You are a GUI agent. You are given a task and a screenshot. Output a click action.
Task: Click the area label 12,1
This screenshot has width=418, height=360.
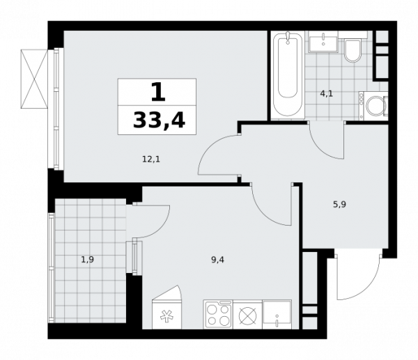[151, 159]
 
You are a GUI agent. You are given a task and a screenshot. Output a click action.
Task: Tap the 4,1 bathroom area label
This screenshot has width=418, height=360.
[327, 94]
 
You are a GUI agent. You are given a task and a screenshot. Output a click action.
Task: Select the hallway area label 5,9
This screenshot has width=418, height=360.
[340, 205]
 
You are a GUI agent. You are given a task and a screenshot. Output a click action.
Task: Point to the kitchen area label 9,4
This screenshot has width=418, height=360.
[218, 260]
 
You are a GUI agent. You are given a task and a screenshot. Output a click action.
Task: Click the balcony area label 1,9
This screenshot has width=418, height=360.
[88, 259]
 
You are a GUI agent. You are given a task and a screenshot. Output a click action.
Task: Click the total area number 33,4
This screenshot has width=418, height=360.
[159, 120]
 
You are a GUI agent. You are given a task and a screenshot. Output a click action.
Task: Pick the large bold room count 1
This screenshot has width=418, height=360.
[158, 92]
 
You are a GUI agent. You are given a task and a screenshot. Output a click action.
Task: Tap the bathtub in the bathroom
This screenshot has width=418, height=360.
[287, 76]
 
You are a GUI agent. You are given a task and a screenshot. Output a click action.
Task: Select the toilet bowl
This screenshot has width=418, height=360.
[353, 50]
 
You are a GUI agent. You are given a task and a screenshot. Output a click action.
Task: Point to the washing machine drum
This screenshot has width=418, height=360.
[375, 106]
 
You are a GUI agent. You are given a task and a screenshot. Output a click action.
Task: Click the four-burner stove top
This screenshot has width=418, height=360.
[218, 314]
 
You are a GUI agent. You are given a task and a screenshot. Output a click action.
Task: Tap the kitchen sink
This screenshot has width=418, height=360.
[277, 314]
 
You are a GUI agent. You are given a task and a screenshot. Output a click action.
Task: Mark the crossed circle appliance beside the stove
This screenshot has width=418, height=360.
[247, 315]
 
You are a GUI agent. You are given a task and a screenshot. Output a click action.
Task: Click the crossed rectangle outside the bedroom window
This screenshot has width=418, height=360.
[34, 79]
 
